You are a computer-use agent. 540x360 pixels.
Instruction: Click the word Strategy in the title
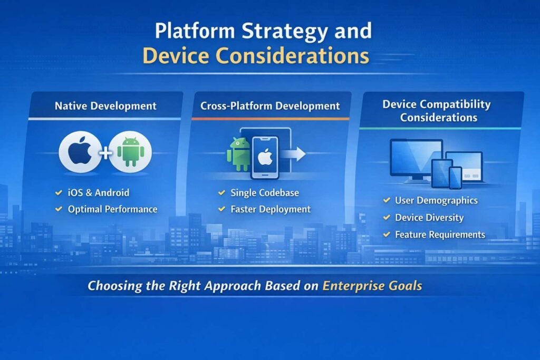click(x=285, y=31)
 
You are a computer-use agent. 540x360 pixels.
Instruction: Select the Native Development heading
click(x=105, y=105)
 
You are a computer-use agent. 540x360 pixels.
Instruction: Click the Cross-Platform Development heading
click(x=270, y=105)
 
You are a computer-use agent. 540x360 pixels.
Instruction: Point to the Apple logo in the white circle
click(x=80, y=151)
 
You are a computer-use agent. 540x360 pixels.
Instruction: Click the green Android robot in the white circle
click(x=131, y=151)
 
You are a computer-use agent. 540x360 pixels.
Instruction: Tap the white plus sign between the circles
click(x=105, y=152)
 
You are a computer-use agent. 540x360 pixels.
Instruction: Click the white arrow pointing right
click(x=294, y=154)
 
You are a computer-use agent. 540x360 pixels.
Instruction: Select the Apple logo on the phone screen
click(x=265, y=158)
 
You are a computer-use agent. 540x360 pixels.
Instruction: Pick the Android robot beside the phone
click(x=238, y=154)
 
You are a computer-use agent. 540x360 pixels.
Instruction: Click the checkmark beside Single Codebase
click(x=222, y=192)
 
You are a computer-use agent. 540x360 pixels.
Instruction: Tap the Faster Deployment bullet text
click(x=271, y=209)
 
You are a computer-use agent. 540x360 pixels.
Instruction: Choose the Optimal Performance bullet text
click(x=113, y=209)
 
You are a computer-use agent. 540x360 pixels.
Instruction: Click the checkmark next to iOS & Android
click(x=59, y=192)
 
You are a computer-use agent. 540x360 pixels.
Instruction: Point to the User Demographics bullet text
click(x=436, y=200)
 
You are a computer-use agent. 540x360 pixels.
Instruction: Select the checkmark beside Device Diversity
click(x=387, y=217)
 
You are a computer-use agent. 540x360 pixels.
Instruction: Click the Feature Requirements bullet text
click(x=440, y=235)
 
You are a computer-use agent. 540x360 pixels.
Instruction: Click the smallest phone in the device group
click(x=455, y=178)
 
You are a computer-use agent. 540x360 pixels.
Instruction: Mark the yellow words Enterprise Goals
click(x=372, y=286)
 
